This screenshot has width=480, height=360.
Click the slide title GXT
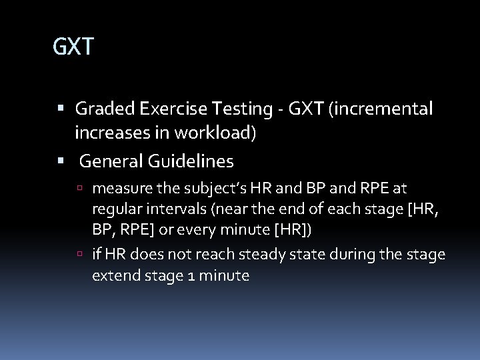pyautogui.click(x=74, y=47)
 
